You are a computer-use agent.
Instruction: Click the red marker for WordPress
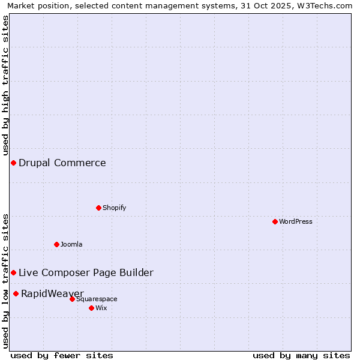pos(275,221)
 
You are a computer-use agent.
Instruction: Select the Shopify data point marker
pos(98,208)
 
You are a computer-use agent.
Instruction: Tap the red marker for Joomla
pos(56,244)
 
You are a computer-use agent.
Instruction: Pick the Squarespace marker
pos(72,299)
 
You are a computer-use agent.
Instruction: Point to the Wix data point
pos(91,308)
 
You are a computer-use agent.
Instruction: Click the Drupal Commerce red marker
pos(13,163)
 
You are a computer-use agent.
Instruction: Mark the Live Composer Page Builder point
pos(13,272)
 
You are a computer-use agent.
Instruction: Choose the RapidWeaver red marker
pos(16,293)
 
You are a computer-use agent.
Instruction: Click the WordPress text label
pos(296,222)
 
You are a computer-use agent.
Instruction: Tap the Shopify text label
pos(115,208)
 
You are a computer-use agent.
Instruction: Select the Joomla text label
pos(71,245)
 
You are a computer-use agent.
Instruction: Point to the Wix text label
pos(101,308)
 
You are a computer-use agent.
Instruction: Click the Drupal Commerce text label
pos(62,163)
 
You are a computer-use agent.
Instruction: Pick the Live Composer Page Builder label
pos(86,273)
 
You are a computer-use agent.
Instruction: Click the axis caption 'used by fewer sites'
pos(62,355)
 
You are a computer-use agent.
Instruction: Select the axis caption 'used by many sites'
pos(301,355)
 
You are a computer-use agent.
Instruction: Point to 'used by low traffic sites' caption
pos(5,280)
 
